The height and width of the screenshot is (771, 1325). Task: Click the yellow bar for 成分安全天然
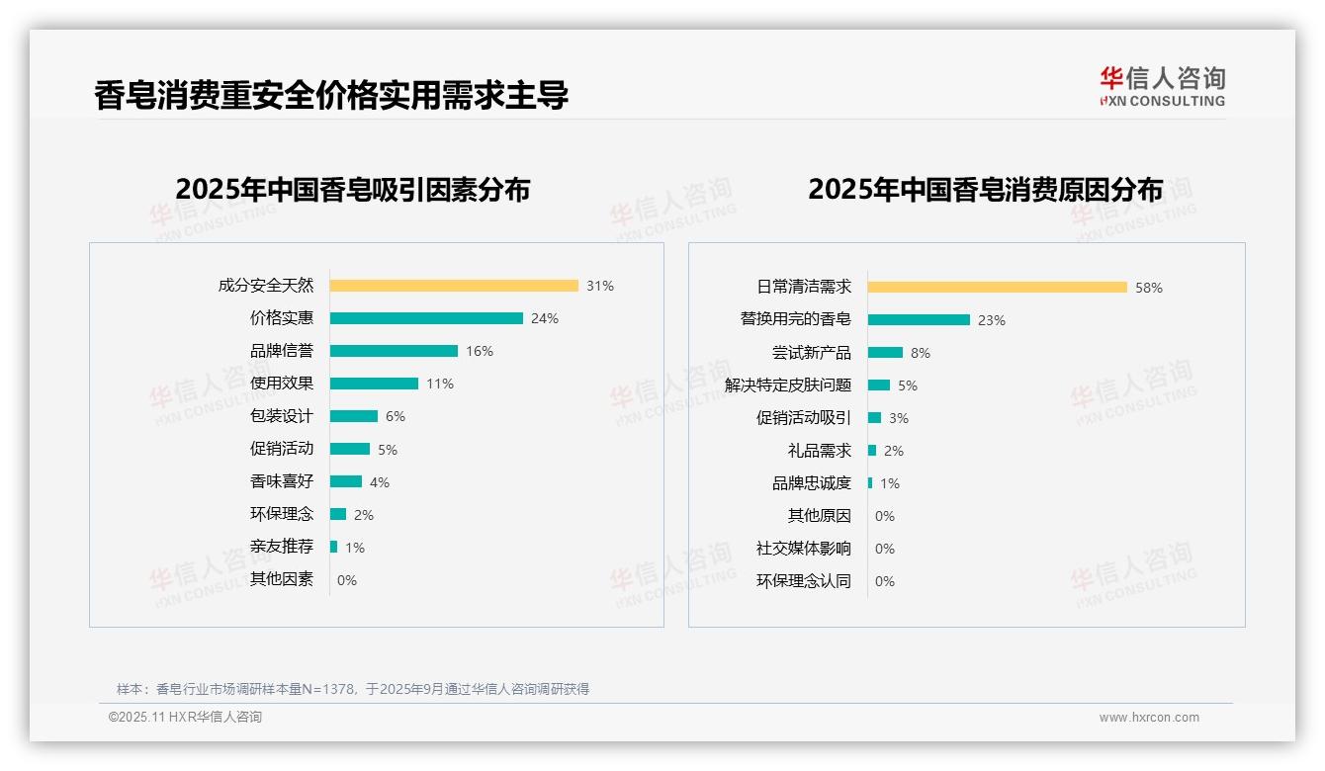(454, 286)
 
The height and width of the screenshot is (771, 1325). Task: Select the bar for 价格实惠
(426, 318)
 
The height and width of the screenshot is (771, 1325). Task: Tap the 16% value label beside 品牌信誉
(480, 351)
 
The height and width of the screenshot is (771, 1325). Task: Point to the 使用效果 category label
(282, 384)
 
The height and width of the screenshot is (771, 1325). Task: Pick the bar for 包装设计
(354, 416)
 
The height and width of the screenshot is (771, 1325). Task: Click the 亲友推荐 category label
(282, 547)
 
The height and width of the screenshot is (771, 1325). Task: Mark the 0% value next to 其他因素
(347, 580)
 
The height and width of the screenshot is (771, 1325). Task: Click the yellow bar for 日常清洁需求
(998, 288)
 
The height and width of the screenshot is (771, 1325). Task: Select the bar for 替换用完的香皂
(919, 320)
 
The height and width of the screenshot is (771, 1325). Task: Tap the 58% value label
(1149, 288)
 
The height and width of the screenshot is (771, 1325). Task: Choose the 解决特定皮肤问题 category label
(788, 385)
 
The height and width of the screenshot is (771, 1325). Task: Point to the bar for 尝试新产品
(885, 353)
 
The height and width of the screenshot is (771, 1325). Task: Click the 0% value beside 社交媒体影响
(885, 549)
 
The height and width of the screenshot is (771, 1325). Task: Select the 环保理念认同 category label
(804, 581)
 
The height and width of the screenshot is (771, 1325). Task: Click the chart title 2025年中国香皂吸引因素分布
(353, 190)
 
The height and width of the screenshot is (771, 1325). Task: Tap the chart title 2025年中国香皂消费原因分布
(985, 190)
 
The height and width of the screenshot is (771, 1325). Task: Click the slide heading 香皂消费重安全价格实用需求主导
(331, 96)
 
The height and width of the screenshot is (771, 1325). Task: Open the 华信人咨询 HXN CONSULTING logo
(1163, 87)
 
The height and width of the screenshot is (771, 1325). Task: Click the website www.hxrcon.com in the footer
(1149, 718)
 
